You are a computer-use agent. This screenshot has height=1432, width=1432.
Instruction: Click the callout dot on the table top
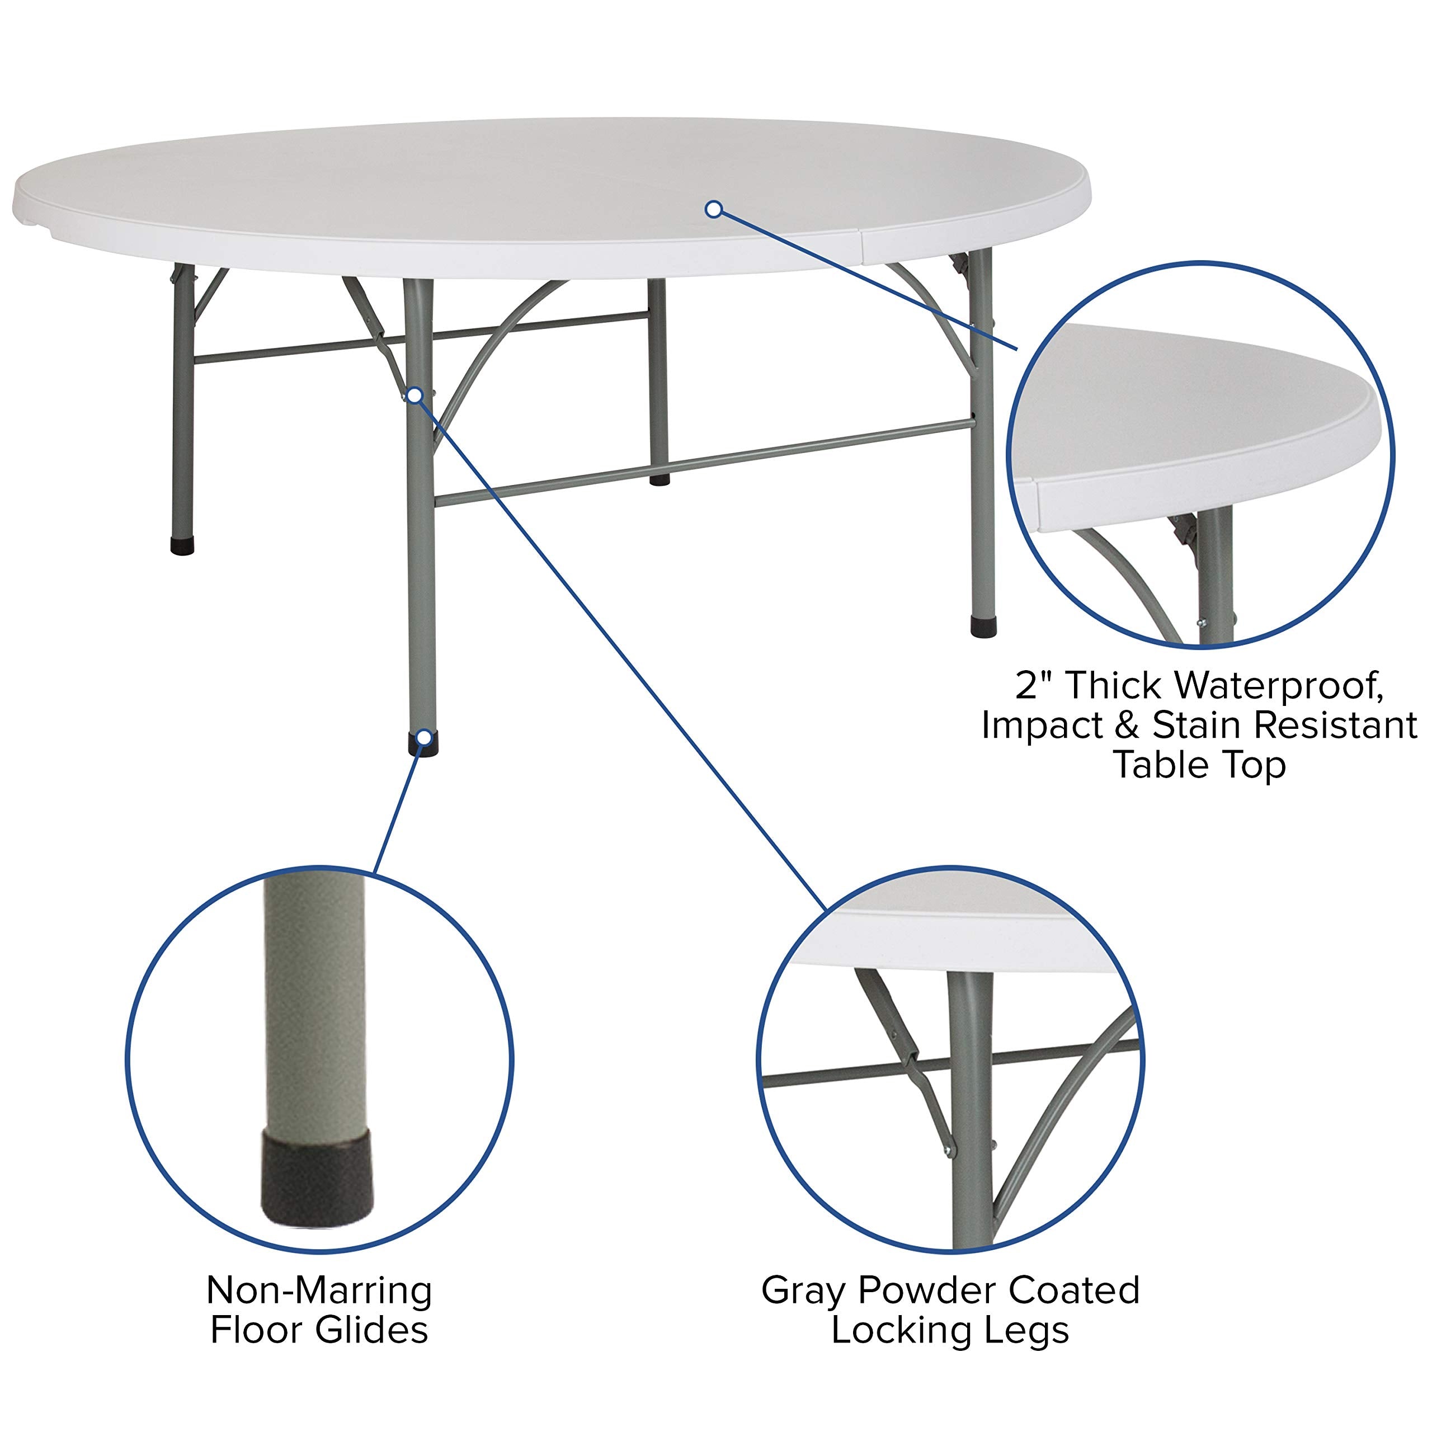(713, 210)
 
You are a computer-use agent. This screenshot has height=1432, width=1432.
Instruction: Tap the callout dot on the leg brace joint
(416, 395)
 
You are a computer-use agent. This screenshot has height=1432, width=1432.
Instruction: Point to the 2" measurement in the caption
(1035, 686)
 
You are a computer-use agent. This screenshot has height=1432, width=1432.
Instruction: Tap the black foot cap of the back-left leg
(182, 547)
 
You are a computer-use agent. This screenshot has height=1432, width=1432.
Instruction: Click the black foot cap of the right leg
(983, 627)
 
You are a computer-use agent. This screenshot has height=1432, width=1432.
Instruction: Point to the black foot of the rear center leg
(659, 481)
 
